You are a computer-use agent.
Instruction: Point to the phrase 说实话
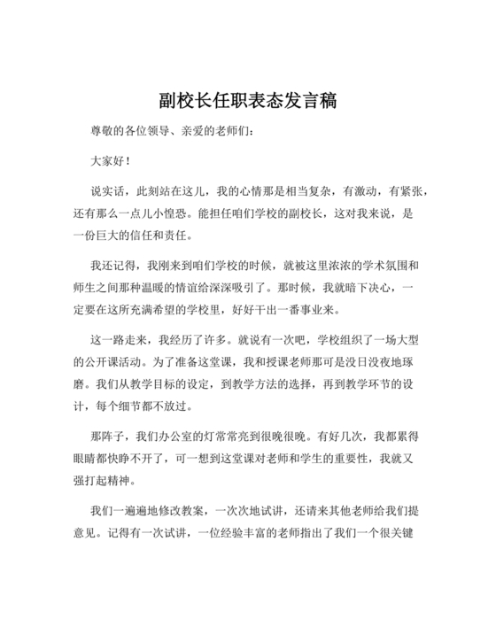[x=108, y=191]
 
